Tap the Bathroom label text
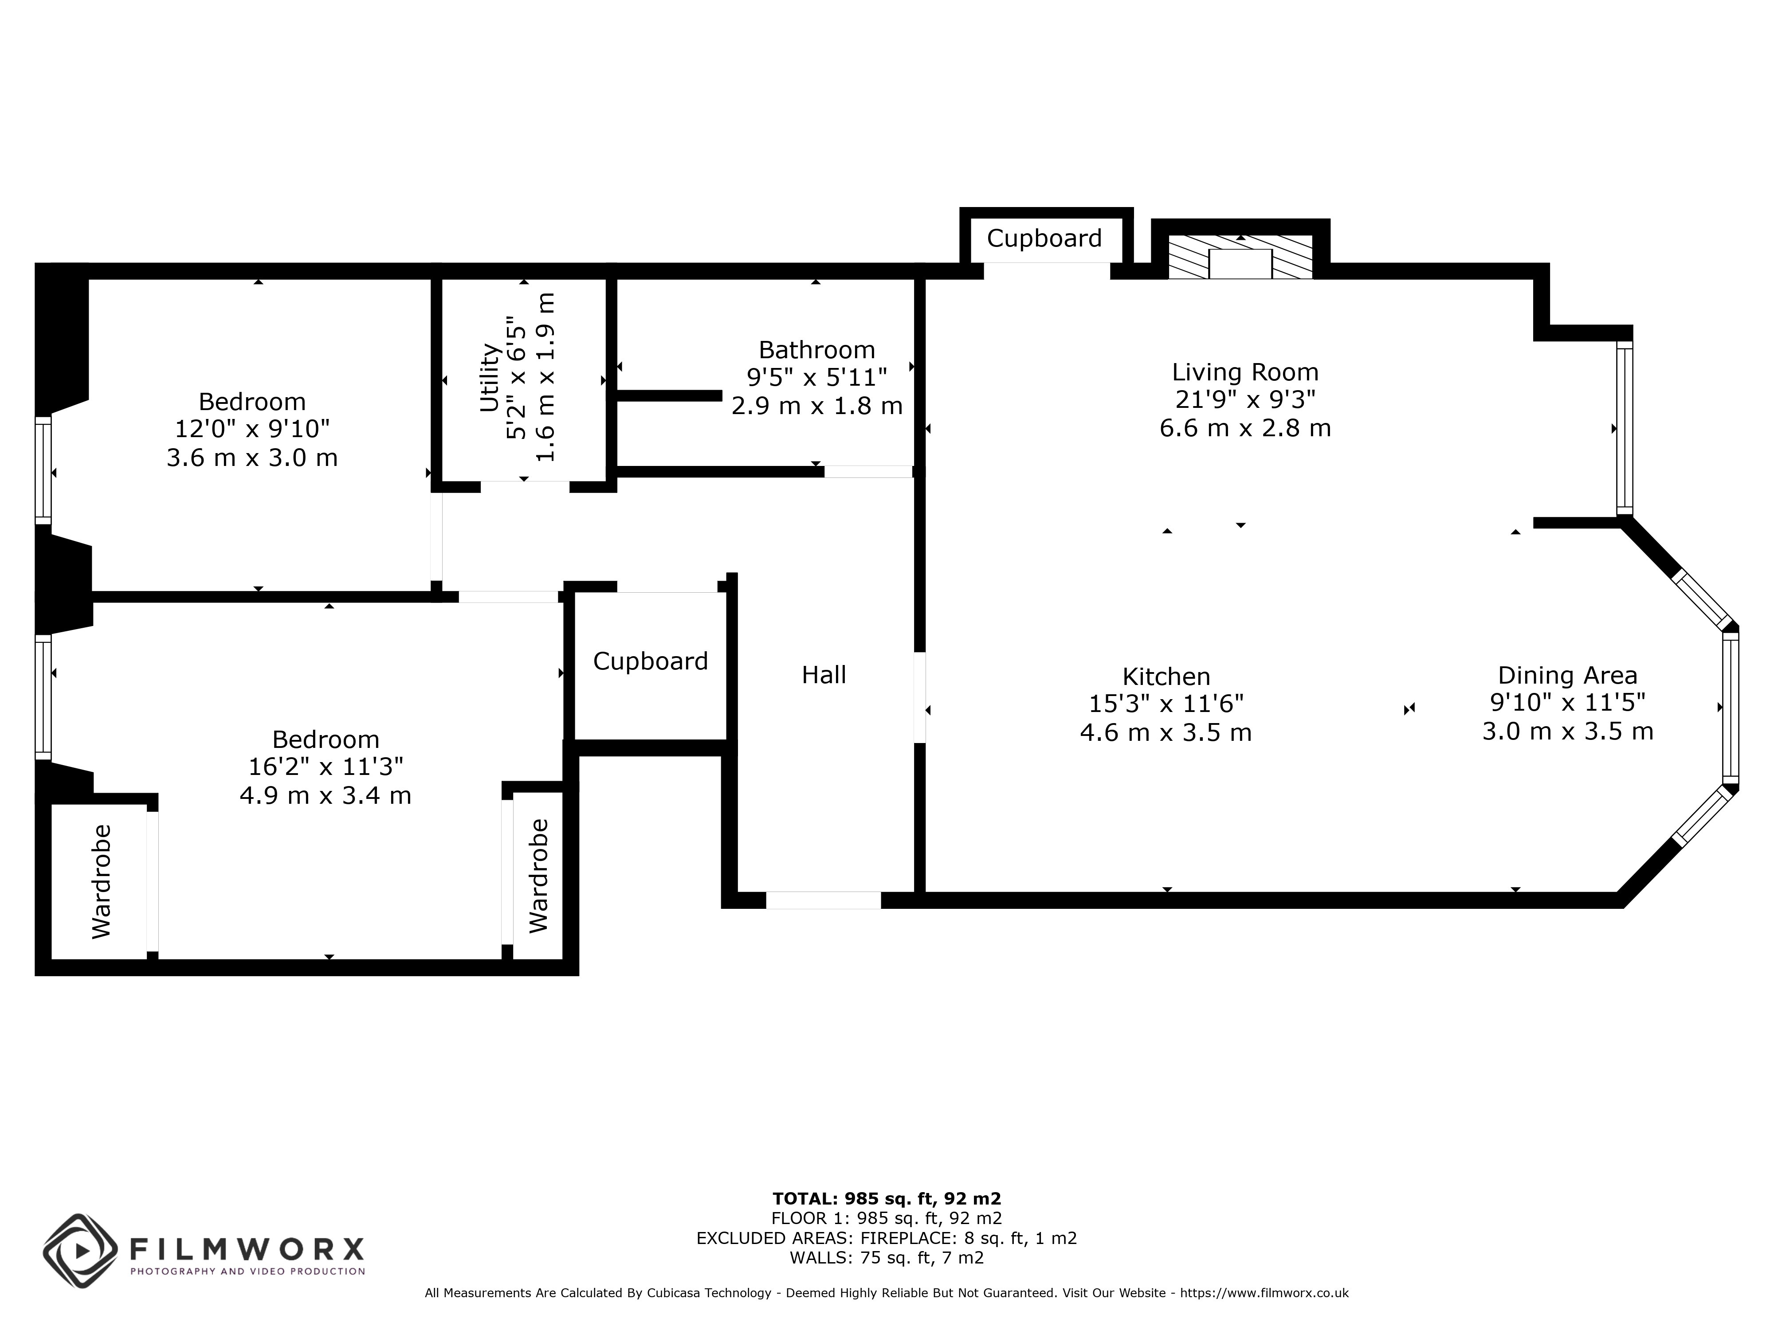tap(816, 350)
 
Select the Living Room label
tap(1245, 372)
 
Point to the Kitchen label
tap(1166, 676)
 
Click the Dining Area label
tap(1567, 675)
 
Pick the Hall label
tap(824, 675)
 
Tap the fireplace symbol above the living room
tap(1240, 257)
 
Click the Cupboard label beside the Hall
tap(651, 661)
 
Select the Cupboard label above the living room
tap(1044, 238)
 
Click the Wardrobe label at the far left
tap(101, 881)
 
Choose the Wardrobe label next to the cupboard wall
tap(539, 876)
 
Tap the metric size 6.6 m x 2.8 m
tap(1245, 428)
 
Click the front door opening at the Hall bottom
tap(824, 900)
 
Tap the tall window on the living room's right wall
tap(1624, 428)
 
